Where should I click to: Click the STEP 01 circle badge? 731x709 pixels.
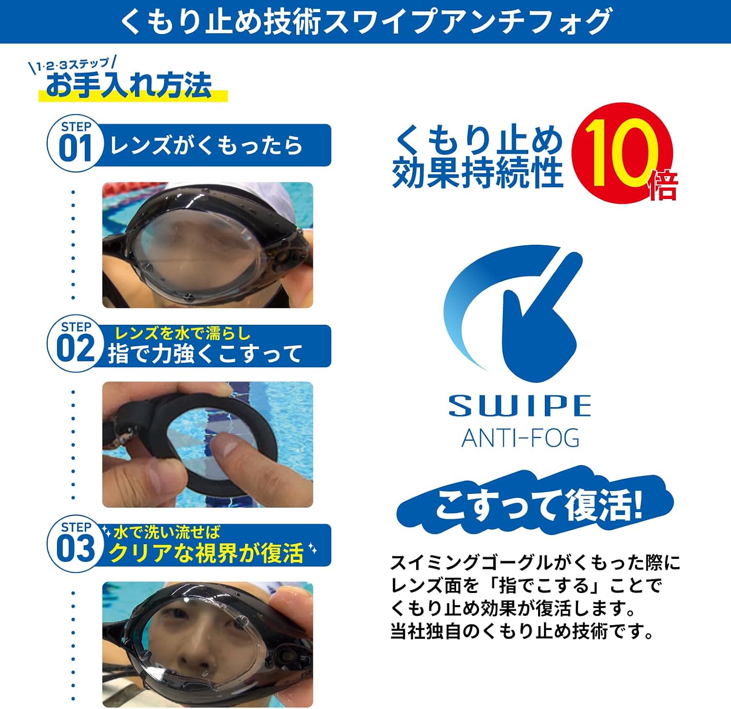click(76, 144)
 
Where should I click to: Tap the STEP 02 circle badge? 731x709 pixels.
click(76, 344)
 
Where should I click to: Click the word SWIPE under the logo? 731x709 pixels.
click(519, 406)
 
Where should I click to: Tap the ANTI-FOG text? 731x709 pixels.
click(520, 438)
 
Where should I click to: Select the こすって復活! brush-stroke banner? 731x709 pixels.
click(535, 505)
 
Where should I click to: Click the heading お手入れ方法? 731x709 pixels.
click(130, 85)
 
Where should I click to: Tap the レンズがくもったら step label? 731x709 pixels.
click(206, 145)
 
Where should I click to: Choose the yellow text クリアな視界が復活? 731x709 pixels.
click(206, 553)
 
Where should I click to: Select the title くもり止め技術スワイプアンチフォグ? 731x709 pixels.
click(365, 21)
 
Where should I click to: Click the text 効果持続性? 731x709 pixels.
click(478, 173)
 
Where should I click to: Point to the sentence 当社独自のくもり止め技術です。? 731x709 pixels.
click(522, 632)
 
